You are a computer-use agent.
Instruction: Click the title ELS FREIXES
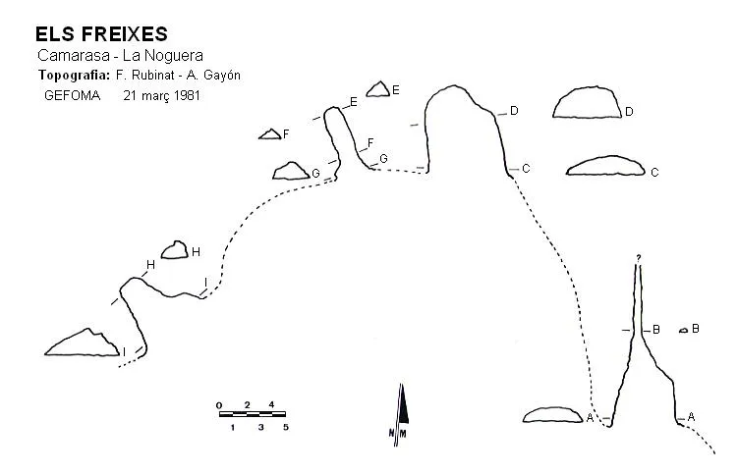pos(101,34)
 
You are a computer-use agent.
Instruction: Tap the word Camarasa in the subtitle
pos(74,55)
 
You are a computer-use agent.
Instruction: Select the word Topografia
pos(75,76)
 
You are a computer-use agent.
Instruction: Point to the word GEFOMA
pos(73,95)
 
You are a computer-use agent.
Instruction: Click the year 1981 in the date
pos(187,95)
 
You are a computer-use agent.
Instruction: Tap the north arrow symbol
pos(401,414)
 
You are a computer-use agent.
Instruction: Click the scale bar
pos(253,414)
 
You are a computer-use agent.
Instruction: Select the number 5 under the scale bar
pos(286,428)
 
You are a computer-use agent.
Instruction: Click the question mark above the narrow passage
pos(639,258)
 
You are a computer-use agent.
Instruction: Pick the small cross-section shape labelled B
pos(684,331)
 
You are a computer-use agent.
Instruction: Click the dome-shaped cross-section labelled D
pos(587,102)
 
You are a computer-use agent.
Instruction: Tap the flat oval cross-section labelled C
pos(605,166)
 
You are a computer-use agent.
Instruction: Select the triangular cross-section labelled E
pos(378,89)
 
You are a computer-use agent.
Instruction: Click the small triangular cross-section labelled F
pos(270,134)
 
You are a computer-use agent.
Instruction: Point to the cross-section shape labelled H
pos(174,250)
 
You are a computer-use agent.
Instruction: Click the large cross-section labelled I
pos(82,342)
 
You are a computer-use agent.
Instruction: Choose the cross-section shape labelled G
pos(291,172)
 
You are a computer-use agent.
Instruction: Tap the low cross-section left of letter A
pos(552,415)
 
